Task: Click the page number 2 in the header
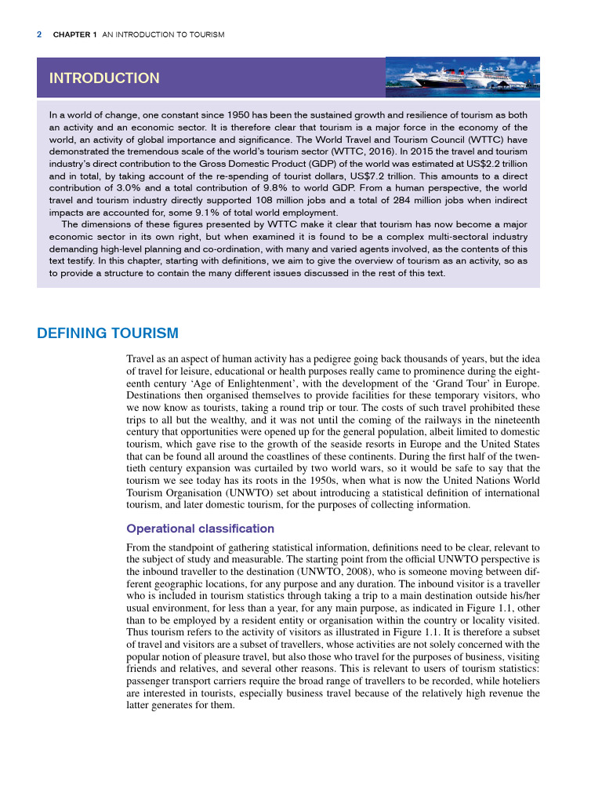[x=39, y=35]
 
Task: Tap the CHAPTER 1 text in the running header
[x=74, y=35]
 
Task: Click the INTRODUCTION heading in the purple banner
[x=104, y=78]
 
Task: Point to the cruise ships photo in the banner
[x=462, y=77]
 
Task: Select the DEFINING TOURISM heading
[x=107, y=333]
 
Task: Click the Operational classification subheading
[x=200, y=529]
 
